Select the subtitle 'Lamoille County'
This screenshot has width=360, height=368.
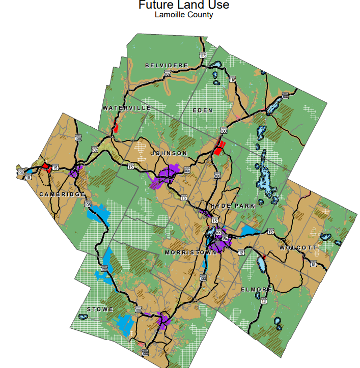(184, 15)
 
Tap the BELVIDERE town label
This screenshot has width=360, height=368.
(167, 66)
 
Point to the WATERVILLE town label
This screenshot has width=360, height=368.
(126, 108)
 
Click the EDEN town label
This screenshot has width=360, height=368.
(203, 110)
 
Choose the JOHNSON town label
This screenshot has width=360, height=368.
(169, 153)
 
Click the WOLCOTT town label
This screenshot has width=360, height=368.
(298, 248)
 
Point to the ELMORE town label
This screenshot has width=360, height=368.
(257, 290)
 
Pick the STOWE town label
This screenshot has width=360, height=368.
(100, 309)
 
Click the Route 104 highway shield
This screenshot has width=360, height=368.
(20, 173)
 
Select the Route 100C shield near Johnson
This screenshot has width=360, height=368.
(187, 171)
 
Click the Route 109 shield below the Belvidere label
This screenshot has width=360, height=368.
(168, 75)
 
